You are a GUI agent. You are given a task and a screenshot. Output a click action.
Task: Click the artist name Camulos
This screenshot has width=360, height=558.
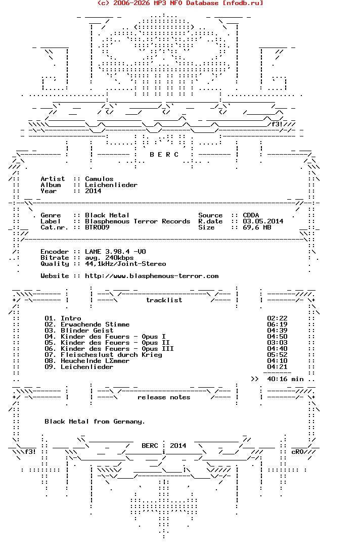99,179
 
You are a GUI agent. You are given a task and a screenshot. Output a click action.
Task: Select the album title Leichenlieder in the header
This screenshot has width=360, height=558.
111,185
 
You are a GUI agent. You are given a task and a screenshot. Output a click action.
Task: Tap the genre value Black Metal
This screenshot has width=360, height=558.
107,215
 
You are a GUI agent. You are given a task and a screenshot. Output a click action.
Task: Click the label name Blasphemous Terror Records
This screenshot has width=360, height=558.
138,221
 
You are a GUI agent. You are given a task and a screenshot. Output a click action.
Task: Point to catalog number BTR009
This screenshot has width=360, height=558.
97,227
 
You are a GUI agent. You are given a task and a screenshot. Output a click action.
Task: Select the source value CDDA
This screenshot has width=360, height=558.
251,215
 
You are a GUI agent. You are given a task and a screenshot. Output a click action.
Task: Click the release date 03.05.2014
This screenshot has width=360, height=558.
263,221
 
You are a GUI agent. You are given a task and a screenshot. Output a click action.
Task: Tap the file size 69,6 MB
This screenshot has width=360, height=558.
257,227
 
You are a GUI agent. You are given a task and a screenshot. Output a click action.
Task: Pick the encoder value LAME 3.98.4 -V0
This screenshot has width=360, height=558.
115,252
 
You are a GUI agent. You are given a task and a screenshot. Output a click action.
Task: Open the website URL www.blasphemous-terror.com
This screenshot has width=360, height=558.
152,276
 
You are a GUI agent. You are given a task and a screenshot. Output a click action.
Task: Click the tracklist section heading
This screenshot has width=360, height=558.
164,300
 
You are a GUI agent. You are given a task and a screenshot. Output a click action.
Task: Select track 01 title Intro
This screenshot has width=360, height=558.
71,318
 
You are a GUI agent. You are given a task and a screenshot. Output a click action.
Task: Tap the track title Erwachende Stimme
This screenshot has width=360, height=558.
95,324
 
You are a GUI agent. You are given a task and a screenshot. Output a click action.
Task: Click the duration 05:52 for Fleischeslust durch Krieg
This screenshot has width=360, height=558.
277,355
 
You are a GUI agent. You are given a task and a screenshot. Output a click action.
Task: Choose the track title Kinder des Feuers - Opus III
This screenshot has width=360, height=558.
117,349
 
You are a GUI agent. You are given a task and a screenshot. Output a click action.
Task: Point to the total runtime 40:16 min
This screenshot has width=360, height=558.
285,379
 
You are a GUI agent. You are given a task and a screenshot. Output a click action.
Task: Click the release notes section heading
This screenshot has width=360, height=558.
164,397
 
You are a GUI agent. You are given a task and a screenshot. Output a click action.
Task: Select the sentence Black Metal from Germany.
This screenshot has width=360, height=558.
95,422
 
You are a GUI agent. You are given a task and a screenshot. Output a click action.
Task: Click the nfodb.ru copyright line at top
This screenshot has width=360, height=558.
180,3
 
